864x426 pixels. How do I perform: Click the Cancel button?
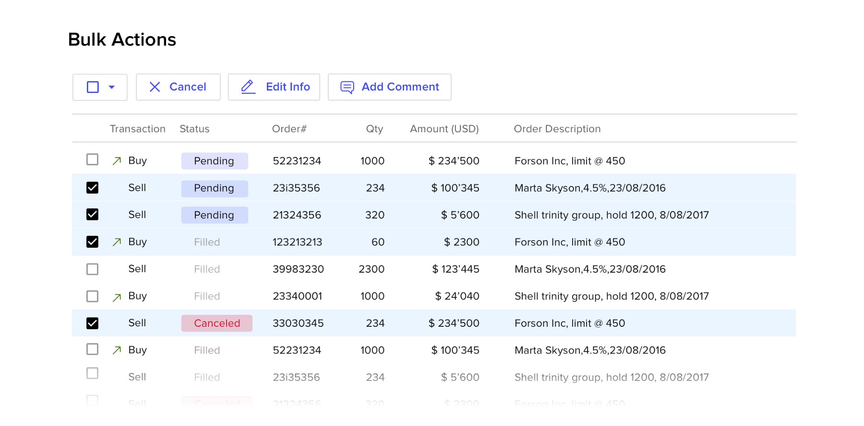pos(178,87)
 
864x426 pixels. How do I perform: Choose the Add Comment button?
pos(389,87)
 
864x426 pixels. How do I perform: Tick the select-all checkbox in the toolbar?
pos(93,87)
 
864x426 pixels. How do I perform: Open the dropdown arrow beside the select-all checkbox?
pos(112,87)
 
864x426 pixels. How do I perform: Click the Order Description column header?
pos(557,129)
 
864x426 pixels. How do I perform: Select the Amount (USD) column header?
pos(444,129)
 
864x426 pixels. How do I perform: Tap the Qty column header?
pos(374,129)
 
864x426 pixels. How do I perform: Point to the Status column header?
pos(194,129)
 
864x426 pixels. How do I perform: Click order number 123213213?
pos(297,242)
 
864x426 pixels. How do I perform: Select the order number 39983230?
pos(298,269)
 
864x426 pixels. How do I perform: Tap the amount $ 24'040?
pos(457,296)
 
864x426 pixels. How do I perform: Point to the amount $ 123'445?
pos(456,269)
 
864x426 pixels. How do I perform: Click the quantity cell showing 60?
pos(378,242)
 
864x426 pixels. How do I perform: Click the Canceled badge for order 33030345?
pos(217,323)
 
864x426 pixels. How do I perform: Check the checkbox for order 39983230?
pos(92,269)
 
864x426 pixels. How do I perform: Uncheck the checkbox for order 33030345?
pos(92,323)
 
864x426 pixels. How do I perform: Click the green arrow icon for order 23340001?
pos(117,298)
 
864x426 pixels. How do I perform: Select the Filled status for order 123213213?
pos(207,242)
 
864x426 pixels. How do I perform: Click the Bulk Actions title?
pos(122,40)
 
